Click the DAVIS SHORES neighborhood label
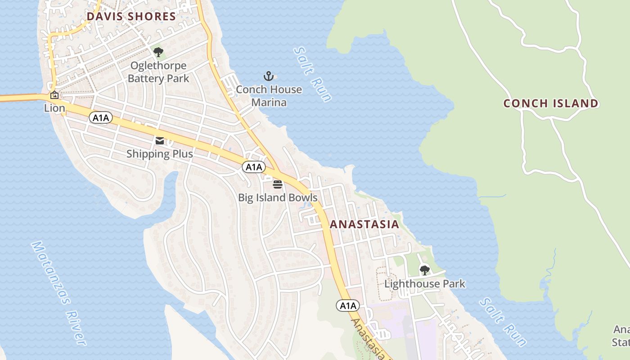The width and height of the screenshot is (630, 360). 131,17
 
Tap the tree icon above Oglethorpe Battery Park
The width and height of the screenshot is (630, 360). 158,52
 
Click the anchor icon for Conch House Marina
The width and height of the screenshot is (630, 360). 269,76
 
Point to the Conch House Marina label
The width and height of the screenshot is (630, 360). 269,96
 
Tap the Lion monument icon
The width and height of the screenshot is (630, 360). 54,95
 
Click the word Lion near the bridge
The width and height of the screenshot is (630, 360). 54,108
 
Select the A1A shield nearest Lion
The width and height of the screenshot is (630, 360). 101,118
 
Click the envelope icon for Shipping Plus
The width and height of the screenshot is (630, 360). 160,141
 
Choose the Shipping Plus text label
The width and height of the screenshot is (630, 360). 160,154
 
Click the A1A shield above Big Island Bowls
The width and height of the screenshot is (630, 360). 254,167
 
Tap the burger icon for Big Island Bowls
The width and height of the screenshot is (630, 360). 278,184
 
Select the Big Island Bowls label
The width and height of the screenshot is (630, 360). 278,198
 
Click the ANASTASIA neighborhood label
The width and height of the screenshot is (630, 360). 364,224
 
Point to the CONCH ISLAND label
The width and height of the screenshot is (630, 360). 551,103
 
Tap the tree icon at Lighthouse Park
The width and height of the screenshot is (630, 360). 424,270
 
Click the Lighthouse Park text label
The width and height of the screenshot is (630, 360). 424,283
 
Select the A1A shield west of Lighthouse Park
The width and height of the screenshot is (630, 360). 348,306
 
